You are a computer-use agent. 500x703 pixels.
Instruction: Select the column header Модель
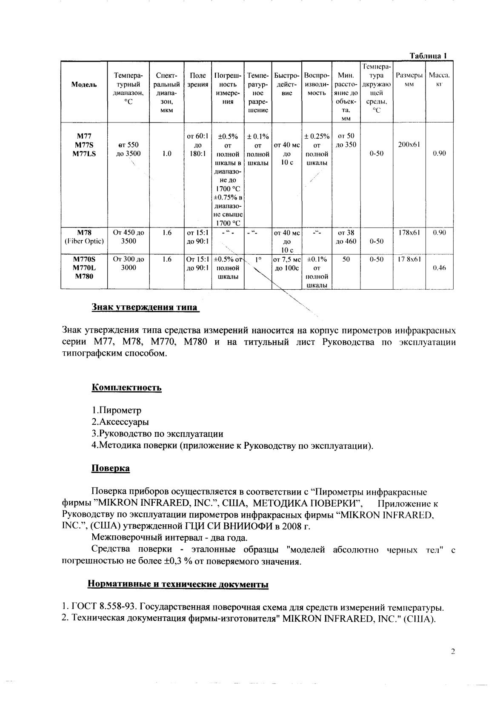coord(84,85)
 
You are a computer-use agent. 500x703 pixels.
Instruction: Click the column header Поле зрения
coord(198,80)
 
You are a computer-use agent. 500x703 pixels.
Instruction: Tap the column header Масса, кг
coord(439,80)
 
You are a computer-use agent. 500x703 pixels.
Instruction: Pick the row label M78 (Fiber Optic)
coord(84,237)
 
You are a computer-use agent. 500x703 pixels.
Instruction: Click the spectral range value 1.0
coord(167,154)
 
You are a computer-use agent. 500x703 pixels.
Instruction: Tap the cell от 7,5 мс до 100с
coord(287,264)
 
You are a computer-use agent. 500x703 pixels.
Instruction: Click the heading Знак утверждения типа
coord(145,307)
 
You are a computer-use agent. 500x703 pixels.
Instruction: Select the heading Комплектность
coord(127,387)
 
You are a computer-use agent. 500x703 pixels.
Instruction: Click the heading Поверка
coord(111,468)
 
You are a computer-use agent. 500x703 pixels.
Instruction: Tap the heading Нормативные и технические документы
coord(178,584)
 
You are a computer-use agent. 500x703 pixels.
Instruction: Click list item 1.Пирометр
coord(117,410)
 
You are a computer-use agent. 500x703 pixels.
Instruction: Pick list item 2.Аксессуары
coord(120,422)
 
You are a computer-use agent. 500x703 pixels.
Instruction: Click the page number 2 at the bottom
coord(453,652)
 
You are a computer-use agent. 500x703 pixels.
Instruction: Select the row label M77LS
coord(84,154)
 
